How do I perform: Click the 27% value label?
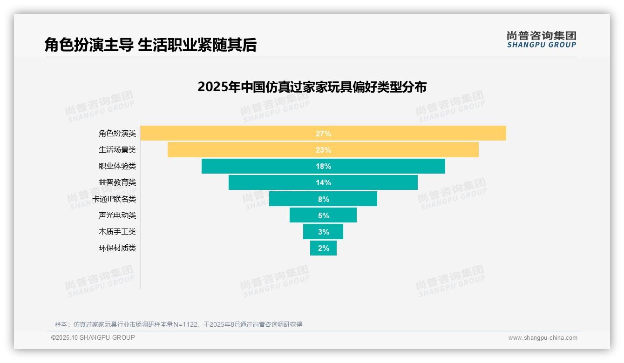(x=323, y=134)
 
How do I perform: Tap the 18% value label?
(x=323, y=166)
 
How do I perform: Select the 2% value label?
(x=324, y=248)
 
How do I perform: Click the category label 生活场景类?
(x=117, y=150)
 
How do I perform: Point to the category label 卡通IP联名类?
(x=114, y=199)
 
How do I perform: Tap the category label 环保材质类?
(x=117, y=248)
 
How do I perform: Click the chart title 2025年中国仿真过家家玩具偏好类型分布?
(x=312, y=87)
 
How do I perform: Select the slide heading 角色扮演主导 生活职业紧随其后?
(x=150, y=45)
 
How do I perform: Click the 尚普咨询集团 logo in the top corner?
(x=541, y=40)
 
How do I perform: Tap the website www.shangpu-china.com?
(x=543, y=338)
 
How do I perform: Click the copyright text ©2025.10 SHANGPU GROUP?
(x=93, y=337)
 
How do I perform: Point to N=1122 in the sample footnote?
(x=186, y=324)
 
